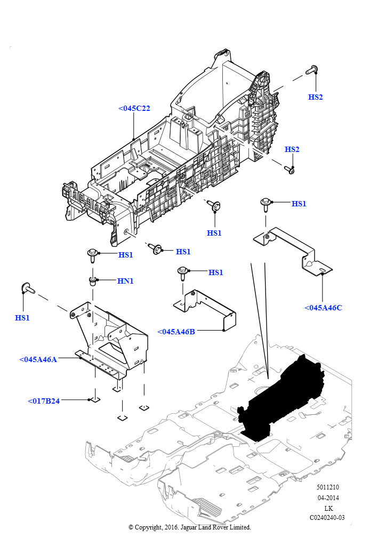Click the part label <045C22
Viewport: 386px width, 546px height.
point(134,108)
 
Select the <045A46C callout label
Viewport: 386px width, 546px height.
point(323,308)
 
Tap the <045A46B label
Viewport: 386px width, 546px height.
point(176,332)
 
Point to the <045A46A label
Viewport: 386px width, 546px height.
point(38,359)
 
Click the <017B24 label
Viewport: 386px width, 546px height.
point(44,401)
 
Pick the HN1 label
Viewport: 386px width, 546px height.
point(125,281)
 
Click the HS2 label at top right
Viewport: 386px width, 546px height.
point(315,97)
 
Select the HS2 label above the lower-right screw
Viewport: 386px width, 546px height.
point(292,149)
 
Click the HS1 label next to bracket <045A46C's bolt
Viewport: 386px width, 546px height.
point(299,204)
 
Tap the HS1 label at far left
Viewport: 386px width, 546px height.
point(22,318)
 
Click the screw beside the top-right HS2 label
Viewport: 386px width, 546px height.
point(311,70)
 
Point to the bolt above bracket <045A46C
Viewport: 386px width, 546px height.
point(266,204)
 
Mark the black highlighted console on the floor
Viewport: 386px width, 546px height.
point(280,397)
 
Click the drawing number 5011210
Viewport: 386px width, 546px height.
point(327,487)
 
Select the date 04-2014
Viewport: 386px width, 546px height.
point(328,497)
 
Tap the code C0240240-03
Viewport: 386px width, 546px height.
point(327,517)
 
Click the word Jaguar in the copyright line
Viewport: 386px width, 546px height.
point(190,527)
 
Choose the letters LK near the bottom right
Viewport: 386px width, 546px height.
point(328,508)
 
